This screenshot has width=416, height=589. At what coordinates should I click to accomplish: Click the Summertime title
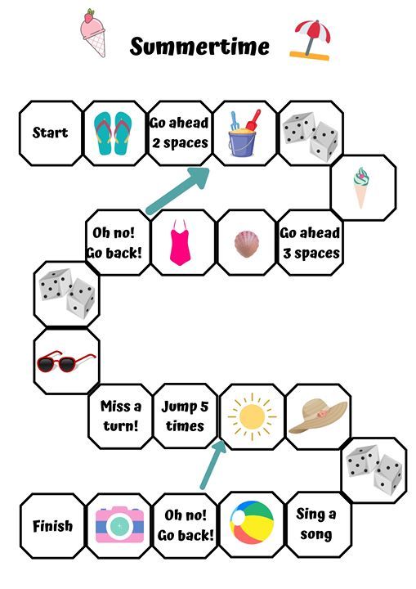199,46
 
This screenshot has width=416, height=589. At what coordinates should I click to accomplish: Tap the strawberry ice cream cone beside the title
92,33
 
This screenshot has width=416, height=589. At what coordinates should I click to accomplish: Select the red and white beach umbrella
311,40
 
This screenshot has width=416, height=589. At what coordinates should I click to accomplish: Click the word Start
50,133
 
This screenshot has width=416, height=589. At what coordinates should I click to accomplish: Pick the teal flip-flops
113,133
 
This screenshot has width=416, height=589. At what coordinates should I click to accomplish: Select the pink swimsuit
181,243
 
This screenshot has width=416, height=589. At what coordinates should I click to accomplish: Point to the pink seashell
247,244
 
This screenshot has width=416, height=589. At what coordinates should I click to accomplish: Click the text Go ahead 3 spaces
310,243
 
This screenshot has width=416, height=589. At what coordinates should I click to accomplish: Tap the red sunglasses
66,362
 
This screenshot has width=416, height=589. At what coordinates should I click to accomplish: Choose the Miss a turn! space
120,416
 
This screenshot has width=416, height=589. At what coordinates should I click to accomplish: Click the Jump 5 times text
185,416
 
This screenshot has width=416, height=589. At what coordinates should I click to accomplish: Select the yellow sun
252,416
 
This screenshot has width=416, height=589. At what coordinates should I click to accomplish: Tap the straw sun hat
318,416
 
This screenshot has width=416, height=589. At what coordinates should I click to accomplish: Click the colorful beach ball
252,522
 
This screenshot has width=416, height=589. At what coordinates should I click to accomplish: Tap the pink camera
119,524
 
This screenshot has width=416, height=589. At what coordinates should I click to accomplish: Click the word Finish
52,525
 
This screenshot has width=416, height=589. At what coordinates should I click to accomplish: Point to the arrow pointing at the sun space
213,465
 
